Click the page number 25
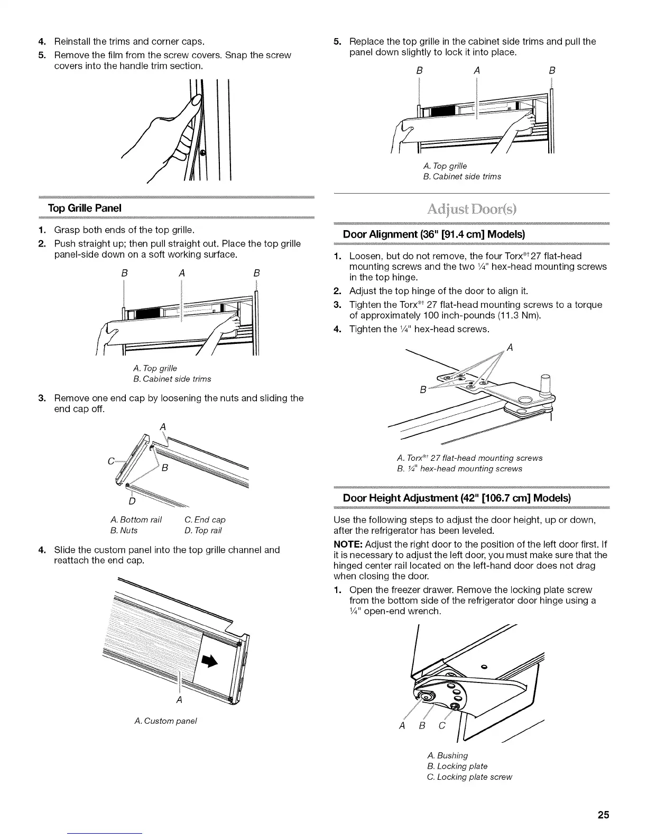pyautogui.click(x=603, y=815)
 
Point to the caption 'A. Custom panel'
pyautogui.click(x=166, y=721)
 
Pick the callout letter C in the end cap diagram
pyautogui.click(x=112, y=461)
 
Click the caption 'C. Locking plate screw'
pyautogui.click(x=469, y=777)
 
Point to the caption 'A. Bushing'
pyautogui.click(x=447, y=755)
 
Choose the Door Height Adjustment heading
pyautogui.click(x=457, y=498)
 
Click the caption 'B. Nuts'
pyautogui.click(x=124, y=530)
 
